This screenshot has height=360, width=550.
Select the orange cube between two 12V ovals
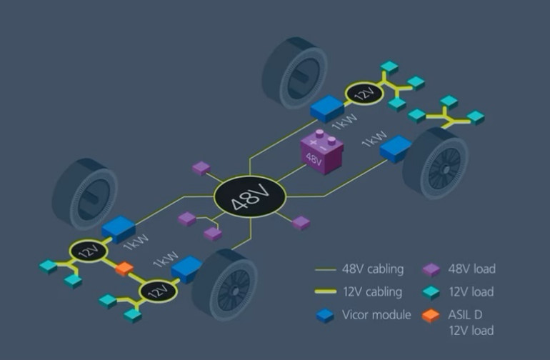pyautogui.click(x=124, y=269)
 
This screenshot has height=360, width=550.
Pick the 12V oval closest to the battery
pyautogui.click(x=365, y=93)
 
